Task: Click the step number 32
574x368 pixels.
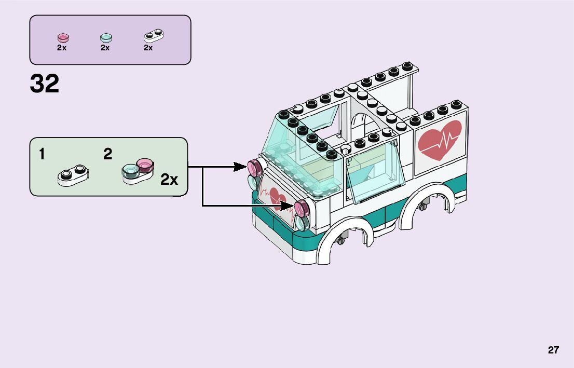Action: (x=45, y=84)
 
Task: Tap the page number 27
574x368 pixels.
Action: (x=553, y=350)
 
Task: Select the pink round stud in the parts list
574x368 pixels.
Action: (x=63, y=37)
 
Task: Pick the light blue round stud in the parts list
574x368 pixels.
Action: (x=105, y=37)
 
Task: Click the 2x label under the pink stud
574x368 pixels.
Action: (x=62, y=48)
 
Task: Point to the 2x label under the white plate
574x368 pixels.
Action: (x=148, y=48)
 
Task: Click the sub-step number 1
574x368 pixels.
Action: (x=42, y=154)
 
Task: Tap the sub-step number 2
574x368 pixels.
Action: (x=107, y=154)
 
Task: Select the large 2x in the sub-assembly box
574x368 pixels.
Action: (x=169, y=180)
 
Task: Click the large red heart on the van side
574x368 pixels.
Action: (x=440, y=139)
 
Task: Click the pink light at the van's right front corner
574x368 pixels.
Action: (x=302, y=209)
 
